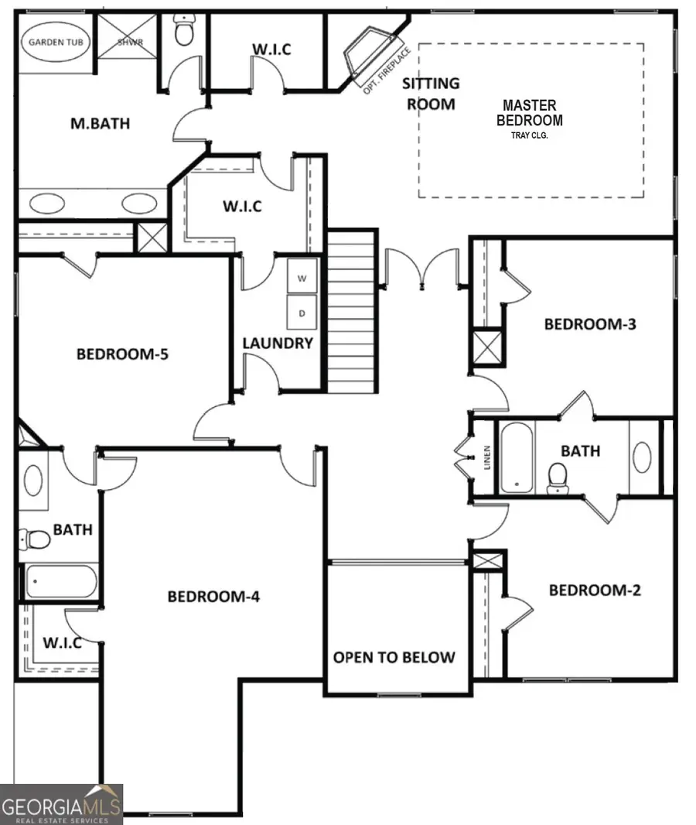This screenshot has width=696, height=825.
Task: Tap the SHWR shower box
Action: [x=129, y=43]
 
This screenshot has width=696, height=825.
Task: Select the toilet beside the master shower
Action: [x=184, y=33]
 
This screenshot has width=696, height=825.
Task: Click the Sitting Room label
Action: [x=432, y=93]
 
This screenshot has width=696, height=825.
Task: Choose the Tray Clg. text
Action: [x=530, y=135]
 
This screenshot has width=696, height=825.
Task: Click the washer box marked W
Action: [x=302, y=278]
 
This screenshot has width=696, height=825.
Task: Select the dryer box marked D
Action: [x=302, y=313]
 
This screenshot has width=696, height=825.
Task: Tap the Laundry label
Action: [x=278, y=343]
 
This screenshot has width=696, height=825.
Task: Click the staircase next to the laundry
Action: [x=351, y=310]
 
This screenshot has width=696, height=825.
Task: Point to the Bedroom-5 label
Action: [x=122, y=354]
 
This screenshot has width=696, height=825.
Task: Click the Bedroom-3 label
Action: [x=589, y=323]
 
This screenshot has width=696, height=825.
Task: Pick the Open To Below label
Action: [x=394, y=657]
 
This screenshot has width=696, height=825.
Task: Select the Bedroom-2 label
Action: [x=595, y=591]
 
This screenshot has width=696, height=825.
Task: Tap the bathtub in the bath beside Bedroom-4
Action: [x=60, y=581]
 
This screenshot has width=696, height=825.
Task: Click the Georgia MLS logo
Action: [x=61, y=805]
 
